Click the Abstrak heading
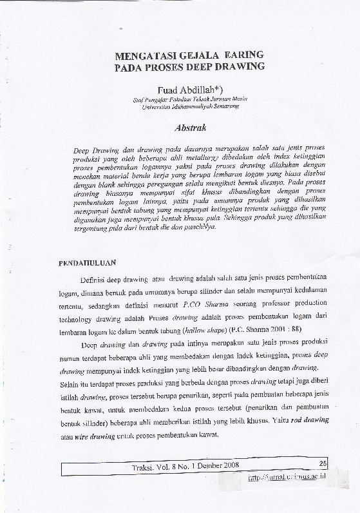189,128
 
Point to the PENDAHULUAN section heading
87,263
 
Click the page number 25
323,463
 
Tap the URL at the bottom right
287,478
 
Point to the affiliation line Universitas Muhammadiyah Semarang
190,106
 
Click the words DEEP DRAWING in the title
231,66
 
